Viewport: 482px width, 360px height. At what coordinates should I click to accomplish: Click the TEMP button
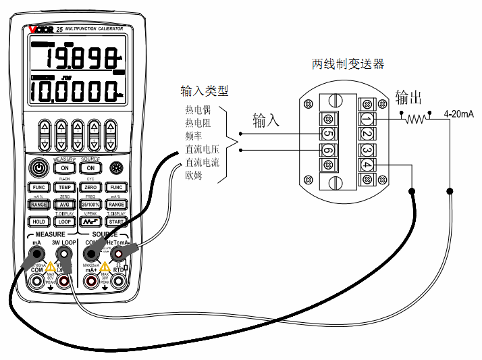[64, 187]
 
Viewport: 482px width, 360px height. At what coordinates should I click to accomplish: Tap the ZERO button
[90, 187]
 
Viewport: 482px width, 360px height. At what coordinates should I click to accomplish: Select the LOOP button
[64, 221]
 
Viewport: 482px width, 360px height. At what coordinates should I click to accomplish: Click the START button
[116, 221]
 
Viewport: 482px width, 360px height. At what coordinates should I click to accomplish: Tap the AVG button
[64, 204]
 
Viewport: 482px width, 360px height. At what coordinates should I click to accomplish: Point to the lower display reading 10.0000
[74, 91]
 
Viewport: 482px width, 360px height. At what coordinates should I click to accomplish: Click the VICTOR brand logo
[41, 30]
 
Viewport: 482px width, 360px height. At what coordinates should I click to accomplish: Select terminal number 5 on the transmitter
[328, 133]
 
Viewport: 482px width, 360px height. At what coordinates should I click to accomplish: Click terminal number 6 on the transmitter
[328, 151]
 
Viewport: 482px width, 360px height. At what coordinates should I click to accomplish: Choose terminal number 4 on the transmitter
[367, 165]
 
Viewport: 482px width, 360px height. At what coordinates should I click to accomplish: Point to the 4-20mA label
[458, 114]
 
